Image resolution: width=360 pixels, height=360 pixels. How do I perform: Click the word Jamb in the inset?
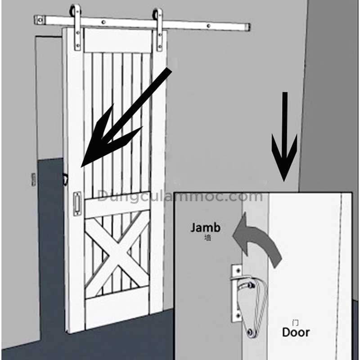(x=205, y=228)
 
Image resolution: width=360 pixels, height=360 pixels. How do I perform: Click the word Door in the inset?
(x=296, y=332)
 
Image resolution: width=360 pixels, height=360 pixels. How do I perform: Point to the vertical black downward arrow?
(x=284, y=137)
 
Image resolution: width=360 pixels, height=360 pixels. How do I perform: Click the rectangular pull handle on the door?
(x=77, y=204)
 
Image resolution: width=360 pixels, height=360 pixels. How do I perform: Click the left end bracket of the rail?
(x=40, y=20)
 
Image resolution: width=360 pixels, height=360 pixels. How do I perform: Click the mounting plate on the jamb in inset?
(x=237, y=293)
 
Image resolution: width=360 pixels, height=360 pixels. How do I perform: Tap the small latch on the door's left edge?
(x=65, y=179)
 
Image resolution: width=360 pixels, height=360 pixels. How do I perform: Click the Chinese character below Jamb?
(x=207, y=238)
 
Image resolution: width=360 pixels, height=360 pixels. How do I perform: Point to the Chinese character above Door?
(x=296, y=323)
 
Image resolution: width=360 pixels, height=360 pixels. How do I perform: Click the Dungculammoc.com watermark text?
(x=180, y=196)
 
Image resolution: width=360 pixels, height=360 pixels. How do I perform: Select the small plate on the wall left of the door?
(x=33, y=179)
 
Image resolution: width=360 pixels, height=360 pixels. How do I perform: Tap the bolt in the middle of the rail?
(x=103, y=22)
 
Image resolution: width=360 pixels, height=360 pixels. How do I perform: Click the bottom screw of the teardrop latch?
(x=250, y=332)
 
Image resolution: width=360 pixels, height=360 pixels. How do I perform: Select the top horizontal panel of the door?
(x=118, y=40)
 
